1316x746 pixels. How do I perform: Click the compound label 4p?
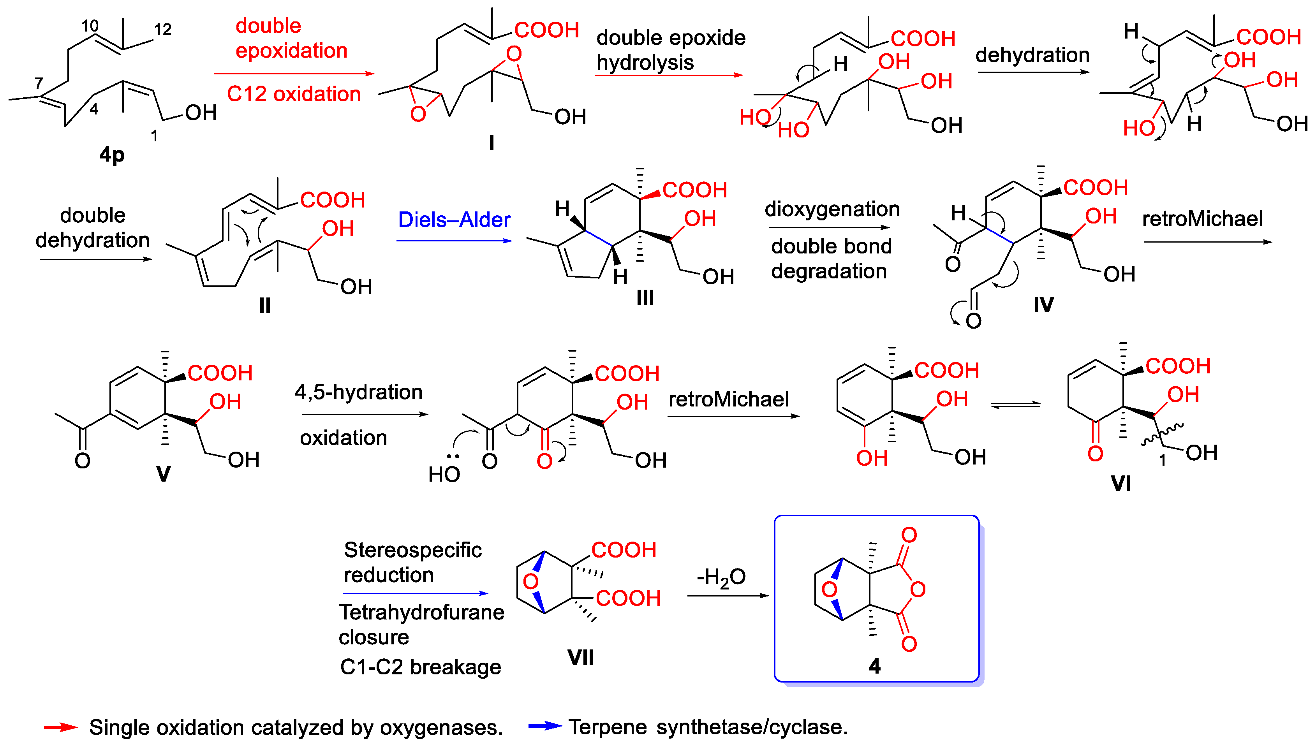tap(112, 154)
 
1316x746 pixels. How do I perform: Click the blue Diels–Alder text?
tap(454, 220)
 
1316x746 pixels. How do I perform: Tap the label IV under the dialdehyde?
tap(1043, 305)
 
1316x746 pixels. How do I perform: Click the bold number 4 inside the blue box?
tap(874, 666)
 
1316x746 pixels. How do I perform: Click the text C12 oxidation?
tap(294, 94)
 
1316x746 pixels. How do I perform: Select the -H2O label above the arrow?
tap(721, 577)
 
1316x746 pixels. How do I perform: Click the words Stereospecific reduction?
tap(412, 562)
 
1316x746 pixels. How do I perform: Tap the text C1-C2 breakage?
tap(420, 667)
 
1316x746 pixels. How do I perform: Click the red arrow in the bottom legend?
tap(60, 727)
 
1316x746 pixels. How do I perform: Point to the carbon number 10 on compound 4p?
tap(90, 26)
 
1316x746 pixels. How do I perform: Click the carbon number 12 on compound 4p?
tap(162, 30)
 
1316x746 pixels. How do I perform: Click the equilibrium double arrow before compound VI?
tap(1015, 405)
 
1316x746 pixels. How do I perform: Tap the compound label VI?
tap(1121, 483)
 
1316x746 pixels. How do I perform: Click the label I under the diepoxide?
tap(492, 143)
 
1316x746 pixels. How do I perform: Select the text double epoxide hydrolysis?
tap(670, 50)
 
